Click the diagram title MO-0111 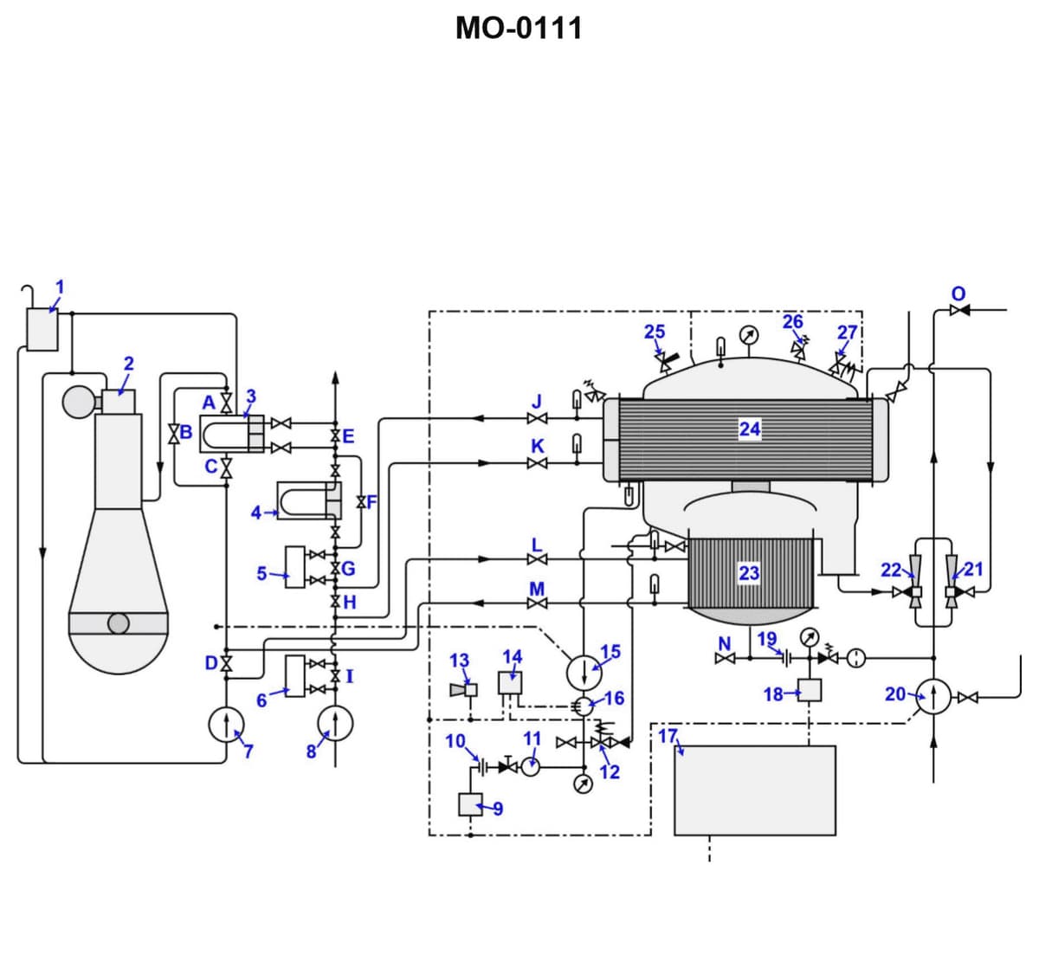point(519,29)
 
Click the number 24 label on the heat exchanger point(750,428)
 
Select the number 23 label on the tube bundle point(749,572)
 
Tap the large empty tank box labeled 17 point(754,790)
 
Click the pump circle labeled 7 point(226,725)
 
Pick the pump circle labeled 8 point(335,725)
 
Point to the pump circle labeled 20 point(933,696)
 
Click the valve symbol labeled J point(537,419)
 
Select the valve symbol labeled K point(537,463)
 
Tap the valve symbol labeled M point(537,603)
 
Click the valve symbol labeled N point(726,659)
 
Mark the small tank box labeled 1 point(42,330)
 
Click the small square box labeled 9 point(470,804)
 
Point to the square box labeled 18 point(810,690)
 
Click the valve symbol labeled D point(226,664)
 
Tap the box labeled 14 point(510,683)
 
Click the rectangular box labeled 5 point(295,567)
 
